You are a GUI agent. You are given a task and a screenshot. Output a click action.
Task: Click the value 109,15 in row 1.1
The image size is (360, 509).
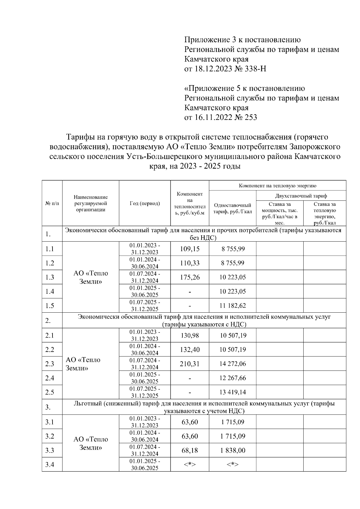190,249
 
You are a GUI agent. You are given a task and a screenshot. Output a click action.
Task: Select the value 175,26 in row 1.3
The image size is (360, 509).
190,277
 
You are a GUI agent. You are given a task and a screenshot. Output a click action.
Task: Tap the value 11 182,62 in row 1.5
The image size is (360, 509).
232,305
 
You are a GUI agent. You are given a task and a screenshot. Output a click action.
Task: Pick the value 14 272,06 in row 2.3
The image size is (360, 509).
232,364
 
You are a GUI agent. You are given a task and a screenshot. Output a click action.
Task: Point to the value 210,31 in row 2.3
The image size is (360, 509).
190,364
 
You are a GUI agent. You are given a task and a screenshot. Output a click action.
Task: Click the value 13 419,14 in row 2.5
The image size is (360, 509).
232,392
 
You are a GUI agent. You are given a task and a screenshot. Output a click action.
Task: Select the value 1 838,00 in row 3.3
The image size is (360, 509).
232,450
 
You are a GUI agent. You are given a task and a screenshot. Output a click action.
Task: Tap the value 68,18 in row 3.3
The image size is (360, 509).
190,450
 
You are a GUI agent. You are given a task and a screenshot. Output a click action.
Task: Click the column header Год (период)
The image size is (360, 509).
145,203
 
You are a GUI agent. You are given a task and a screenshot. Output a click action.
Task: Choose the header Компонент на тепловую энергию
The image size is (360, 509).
277,186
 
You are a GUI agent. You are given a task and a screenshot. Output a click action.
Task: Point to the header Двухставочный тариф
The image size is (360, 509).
301,196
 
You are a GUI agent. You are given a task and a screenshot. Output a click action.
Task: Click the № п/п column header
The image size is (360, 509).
52,203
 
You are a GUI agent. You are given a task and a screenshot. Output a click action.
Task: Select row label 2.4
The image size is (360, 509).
49,378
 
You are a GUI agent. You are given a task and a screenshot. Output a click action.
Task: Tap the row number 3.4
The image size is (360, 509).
49,465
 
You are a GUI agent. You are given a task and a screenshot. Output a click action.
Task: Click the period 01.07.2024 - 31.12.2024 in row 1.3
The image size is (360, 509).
145,277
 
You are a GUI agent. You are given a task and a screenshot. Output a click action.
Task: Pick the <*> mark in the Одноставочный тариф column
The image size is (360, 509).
232,465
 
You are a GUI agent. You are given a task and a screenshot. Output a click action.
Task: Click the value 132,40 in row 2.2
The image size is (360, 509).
190,350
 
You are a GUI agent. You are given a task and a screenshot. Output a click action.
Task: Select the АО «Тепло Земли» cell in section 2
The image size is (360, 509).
83,364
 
